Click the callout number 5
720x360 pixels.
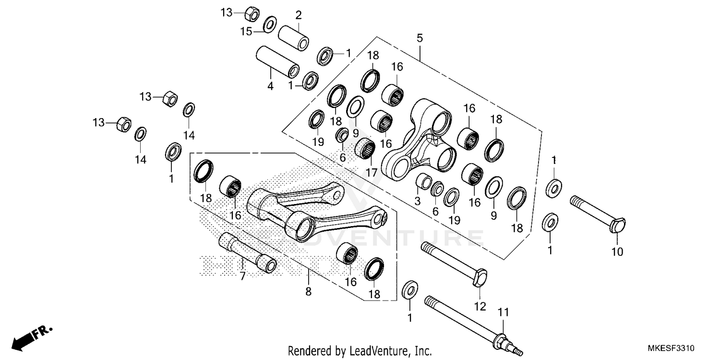tap(420, 38)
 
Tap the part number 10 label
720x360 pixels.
tap(617, 251)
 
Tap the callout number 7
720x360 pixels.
tap(242, 276)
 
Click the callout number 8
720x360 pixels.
tap(308, 291)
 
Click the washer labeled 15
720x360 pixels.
tap(270, 24)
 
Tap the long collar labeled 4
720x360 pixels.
tap(277, 62)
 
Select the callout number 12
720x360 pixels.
tap(480, 306)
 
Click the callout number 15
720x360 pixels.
tap(246, 32)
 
